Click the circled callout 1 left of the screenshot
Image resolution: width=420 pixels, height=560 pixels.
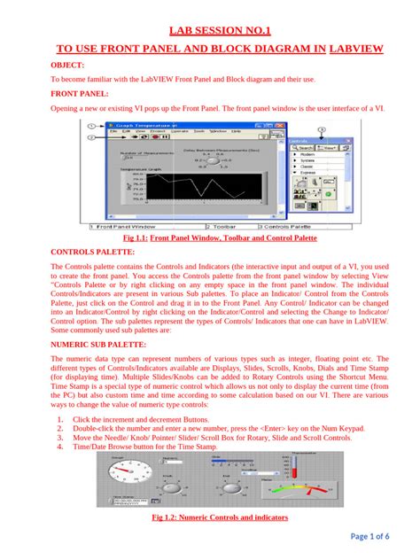click(92, 127)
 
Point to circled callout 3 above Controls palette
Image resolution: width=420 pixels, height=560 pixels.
click(323, 130)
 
